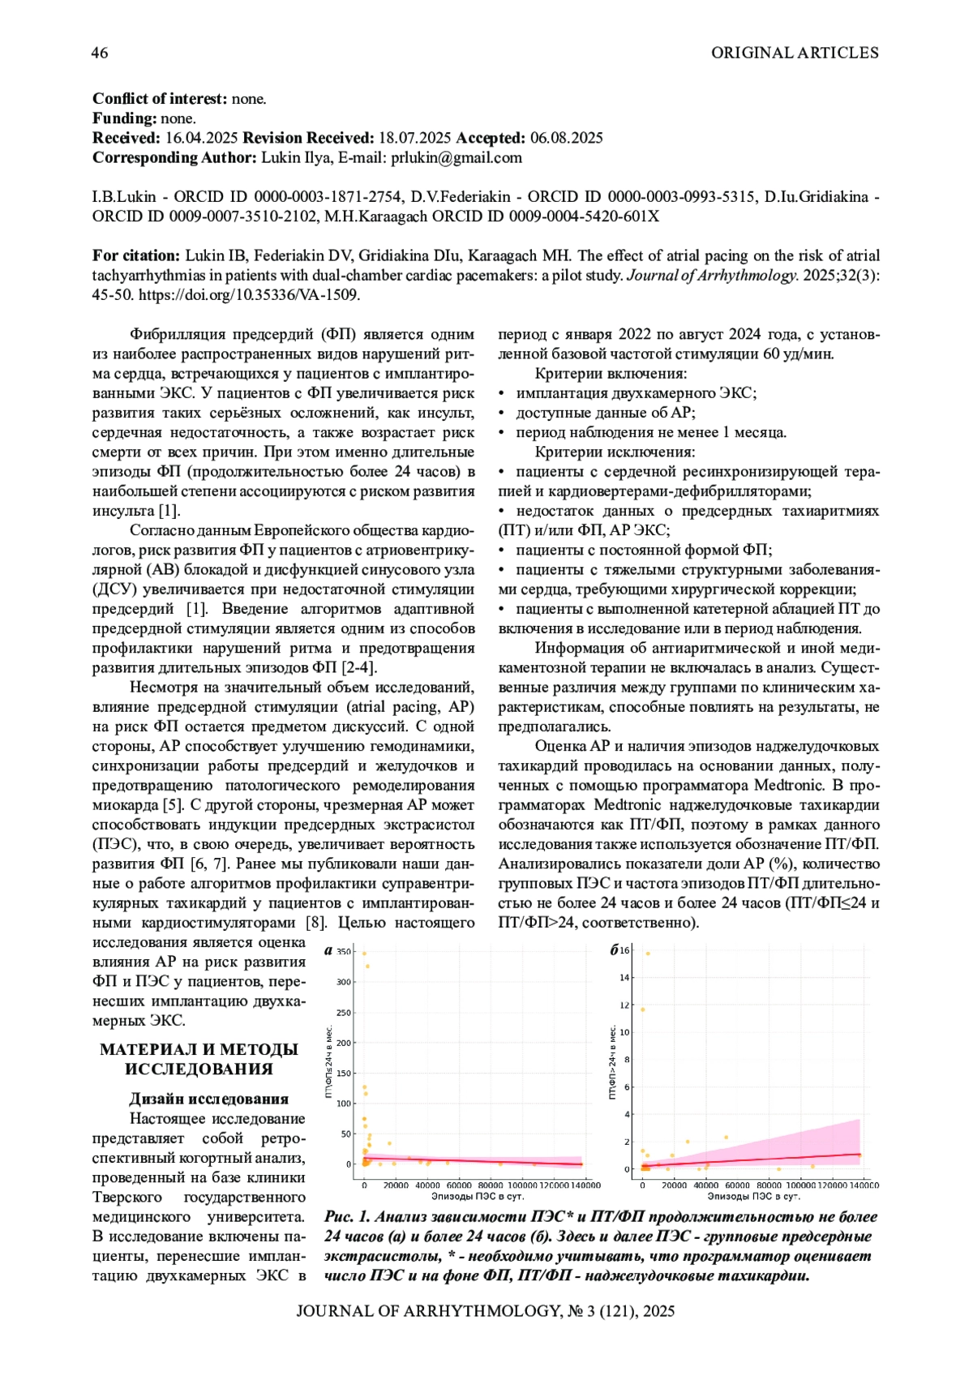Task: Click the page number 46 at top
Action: (100, 54)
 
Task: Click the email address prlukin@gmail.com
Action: (456, 158)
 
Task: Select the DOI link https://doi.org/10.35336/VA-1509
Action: (249, 295)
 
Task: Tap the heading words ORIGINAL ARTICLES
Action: (795, 54)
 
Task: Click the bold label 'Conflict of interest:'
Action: (160, 100)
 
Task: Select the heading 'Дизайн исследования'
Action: (209, 1100)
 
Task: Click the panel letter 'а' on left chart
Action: (328, 951)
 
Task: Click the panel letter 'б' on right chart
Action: (615, 950)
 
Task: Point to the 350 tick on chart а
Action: (345, 952)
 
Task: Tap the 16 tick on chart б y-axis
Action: (625, 950)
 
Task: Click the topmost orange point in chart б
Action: (647, 954)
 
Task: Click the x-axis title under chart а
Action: (477, 1196)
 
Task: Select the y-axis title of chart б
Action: (613, 1062)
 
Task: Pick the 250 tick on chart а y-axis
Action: (345, 1013)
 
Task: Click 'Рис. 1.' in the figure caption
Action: (347, 1217)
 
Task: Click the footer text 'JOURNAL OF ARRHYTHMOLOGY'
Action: (428, 1312)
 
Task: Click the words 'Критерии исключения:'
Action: (615, 452)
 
